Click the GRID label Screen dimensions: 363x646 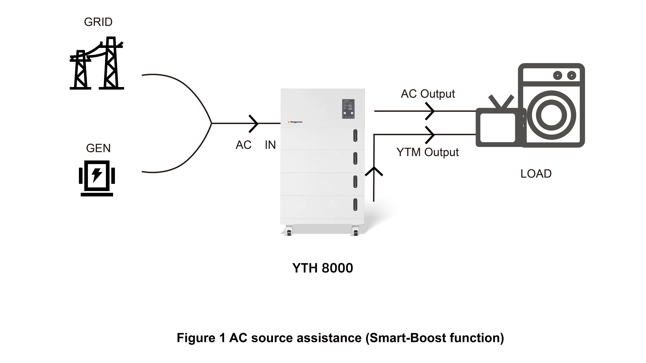pyautogui.click(x=98, y=22)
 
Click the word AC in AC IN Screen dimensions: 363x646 pyautogui.click(x=243, y=145)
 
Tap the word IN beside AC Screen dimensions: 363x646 pyautogui.click(x=270, y=145)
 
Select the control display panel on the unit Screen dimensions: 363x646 pyautogui.click(x=348, y=109)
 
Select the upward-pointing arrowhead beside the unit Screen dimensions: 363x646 pyautogui.click(x=374, y=172)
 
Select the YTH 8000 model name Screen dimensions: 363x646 pyautogui.click(x=323, y=268)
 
